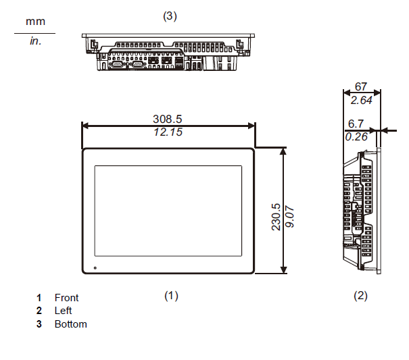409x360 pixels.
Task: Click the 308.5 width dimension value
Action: [x=168, y=119]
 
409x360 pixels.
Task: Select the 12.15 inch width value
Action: [x=168, y=132]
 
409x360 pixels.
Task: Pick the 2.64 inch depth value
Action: [x=360, y=101]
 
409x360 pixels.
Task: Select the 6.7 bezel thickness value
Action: [x=355, y=124]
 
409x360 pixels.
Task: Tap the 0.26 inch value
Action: [x=356, y=136]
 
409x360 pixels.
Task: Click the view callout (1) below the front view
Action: [x=171, y=295]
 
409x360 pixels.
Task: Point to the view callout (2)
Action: [x=361, y=295]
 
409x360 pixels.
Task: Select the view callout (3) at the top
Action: [x=170, y=16]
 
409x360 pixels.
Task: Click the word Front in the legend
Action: [x=66, y=298]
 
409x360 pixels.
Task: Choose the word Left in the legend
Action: [x=63, y=311]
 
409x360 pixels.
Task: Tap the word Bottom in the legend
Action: [x=70, y=324]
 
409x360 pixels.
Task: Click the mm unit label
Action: [x=35, y=22]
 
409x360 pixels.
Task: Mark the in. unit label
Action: [x=35, y=41]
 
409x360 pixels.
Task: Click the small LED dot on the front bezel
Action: [x=95, y=268]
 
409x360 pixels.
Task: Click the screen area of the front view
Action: [x=168, y=211]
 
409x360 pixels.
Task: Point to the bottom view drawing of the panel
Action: [x=168, y=52]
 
